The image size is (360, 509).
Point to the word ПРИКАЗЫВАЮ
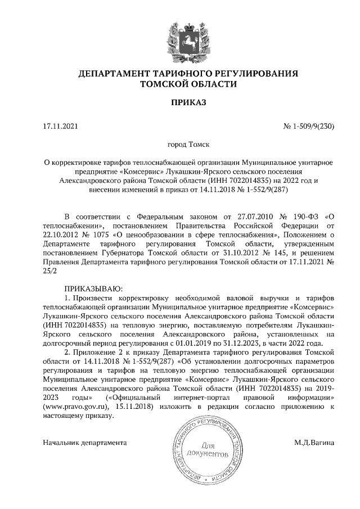point(93,287)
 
